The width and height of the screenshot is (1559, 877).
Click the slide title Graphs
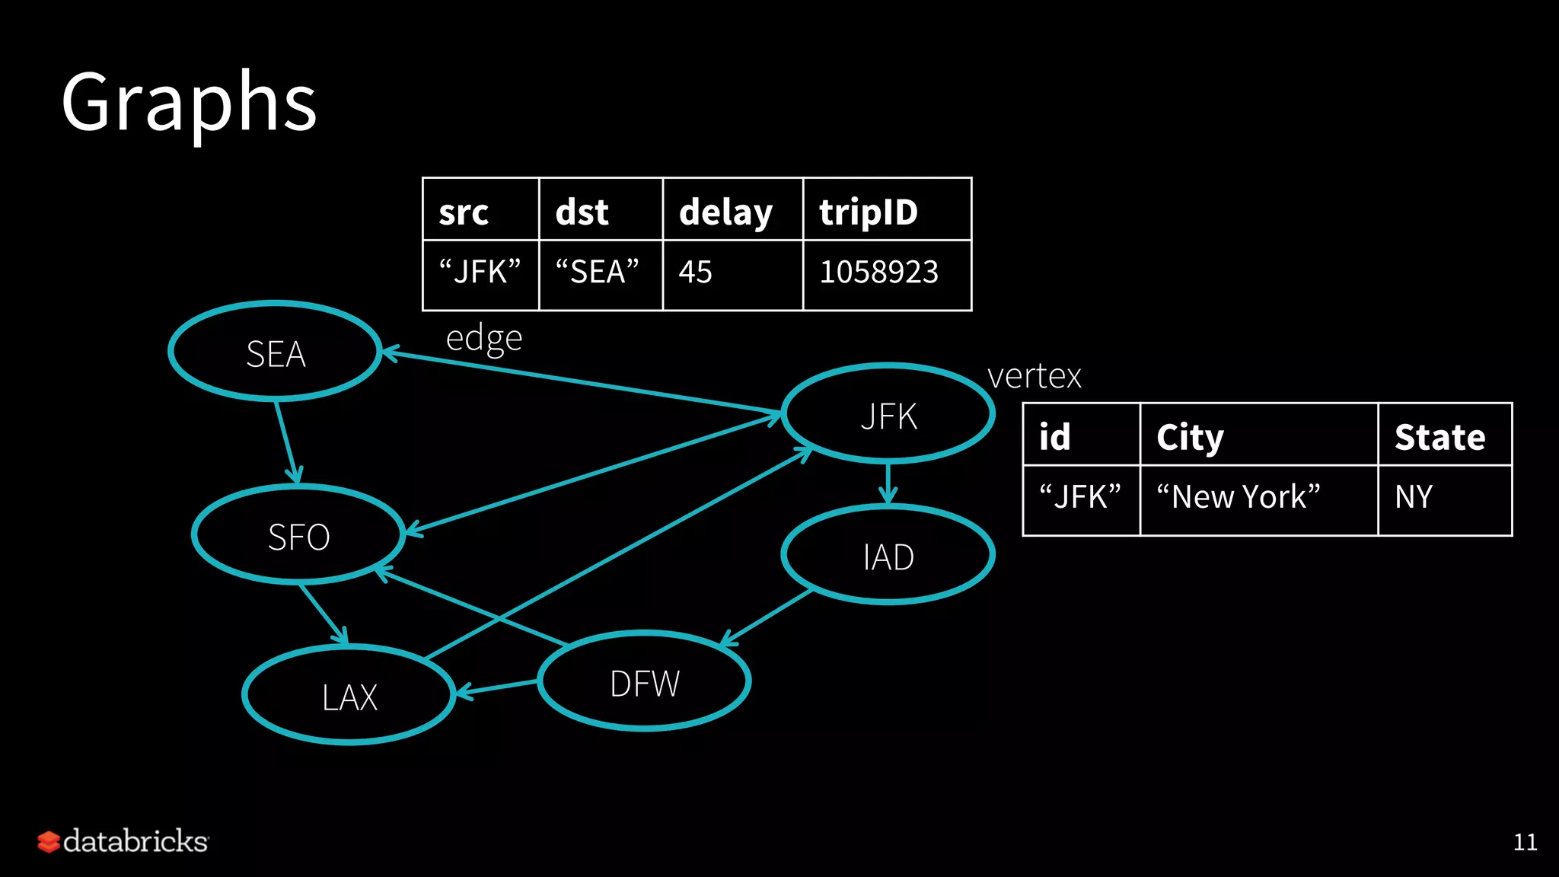189,103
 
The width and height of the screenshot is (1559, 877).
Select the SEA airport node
275,352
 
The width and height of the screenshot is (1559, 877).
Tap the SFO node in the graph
298,536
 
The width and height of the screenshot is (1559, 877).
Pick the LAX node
349,696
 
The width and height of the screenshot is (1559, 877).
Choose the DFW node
644,682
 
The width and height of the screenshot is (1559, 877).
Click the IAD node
888,556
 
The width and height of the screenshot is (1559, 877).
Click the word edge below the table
484,338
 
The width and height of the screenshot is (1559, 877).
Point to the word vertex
1034,376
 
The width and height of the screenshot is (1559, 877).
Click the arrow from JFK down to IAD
888,483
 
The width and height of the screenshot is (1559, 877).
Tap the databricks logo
123,841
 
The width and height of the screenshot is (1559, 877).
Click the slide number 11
1525,842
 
